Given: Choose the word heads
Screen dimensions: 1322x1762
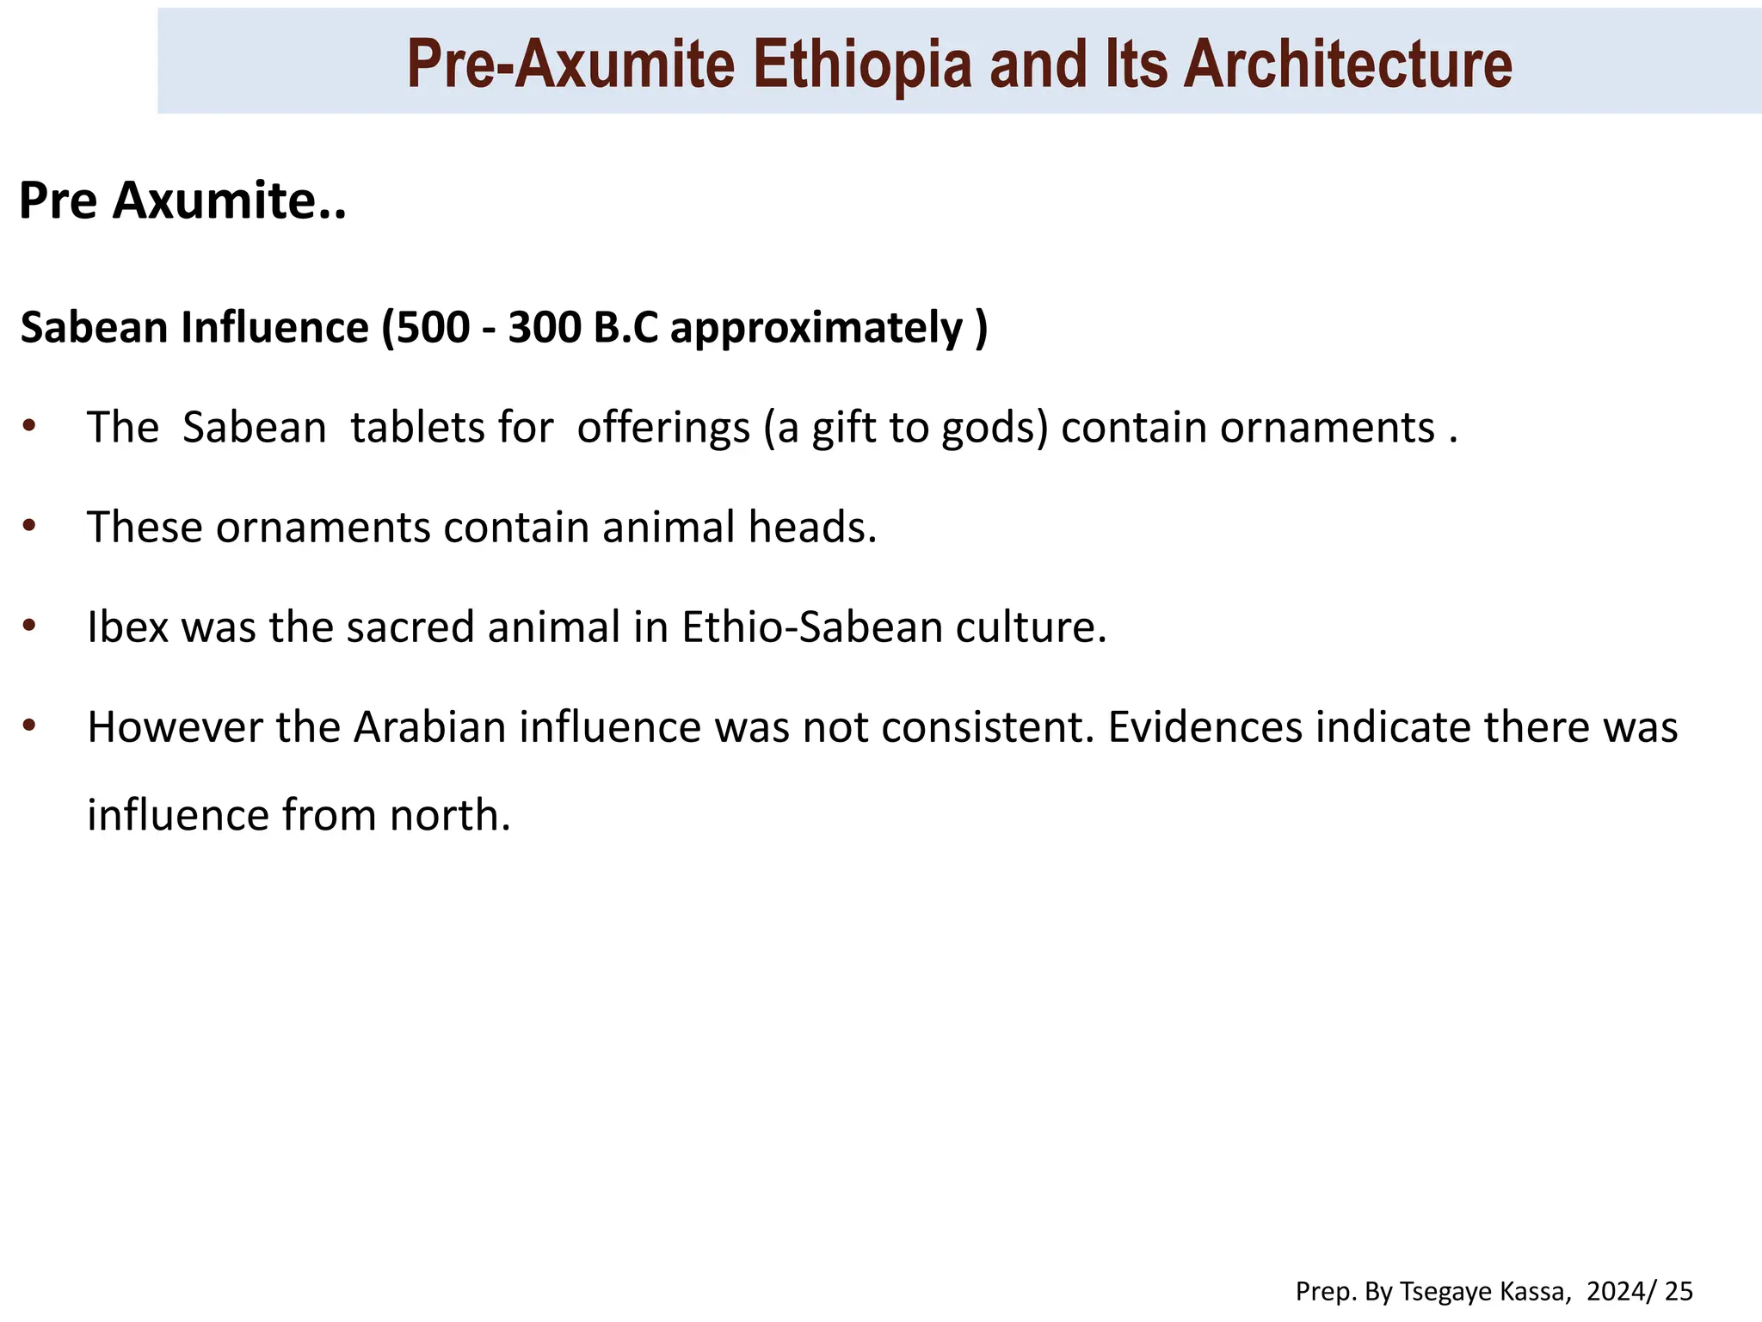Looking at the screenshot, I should [x=812, y=527].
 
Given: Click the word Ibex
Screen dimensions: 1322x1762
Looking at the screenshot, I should [x=127, y=627].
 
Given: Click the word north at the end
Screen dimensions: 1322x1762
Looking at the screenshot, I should [x=449, y=815].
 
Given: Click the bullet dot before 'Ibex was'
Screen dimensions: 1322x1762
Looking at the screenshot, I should [x=29, y=625].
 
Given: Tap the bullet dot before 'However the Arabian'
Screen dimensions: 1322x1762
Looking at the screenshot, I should [x=29, y=726].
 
